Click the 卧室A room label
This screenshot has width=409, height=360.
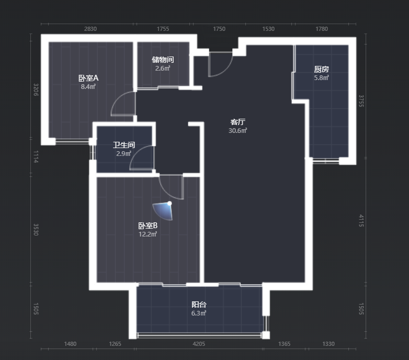[x=88, y=78]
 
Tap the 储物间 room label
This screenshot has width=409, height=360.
[x=163, y=60]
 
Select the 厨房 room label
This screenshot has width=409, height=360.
[x=321, y=70]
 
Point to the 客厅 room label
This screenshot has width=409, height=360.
[x=237, y=122]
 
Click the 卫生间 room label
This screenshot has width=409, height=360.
[x=124, y=145]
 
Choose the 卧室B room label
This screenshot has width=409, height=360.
[x=148, y=226]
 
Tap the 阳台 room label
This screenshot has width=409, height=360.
[x=199, y=305]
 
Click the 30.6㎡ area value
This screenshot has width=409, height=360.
[x=237, y=131]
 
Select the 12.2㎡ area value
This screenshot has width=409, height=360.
[x=148, y=234]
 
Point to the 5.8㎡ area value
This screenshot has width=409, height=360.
[x=321, y=78]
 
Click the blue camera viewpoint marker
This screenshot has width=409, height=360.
[x=164, y=211]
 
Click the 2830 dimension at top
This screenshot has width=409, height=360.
[x=90, y=29]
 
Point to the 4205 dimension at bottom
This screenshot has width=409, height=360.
[x=199, y=344]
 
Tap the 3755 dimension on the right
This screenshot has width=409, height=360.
[x=361, y=101]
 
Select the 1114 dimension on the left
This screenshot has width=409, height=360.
[x=36, y=157]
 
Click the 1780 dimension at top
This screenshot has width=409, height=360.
[x=322, y=29]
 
